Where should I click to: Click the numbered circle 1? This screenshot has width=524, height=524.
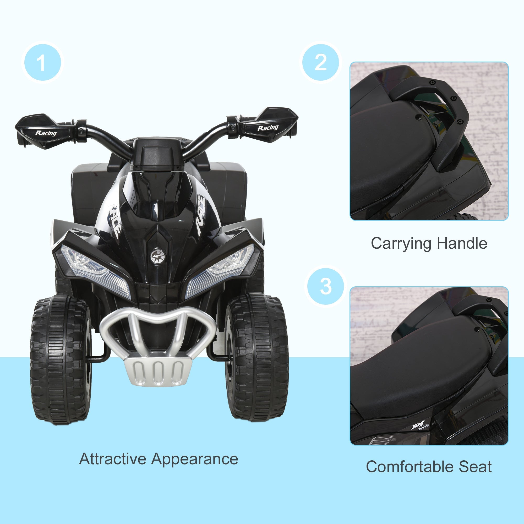tap(43, 63)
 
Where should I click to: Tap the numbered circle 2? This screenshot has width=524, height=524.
tap(321, 63)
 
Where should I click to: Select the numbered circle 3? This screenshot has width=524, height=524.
tap(325, 286)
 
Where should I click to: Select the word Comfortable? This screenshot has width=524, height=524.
tap(410, 467)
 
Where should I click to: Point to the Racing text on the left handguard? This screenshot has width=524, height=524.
tap(46, 133)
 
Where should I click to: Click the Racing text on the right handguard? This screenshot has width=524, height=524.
tap(268, 128)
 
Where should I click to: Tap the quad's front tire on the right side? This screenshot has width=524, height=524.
tap(257, 358)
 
